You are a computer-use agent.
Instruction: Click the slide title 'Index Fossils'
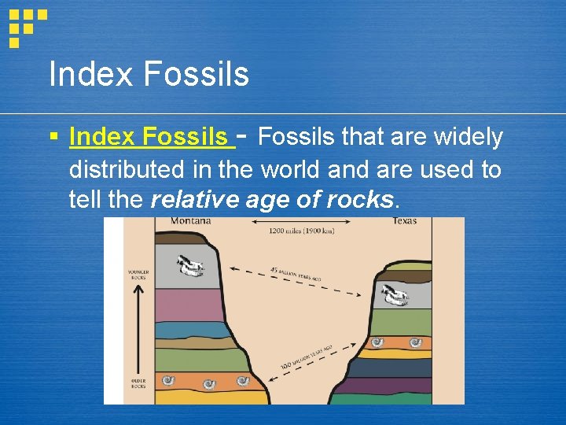[x=149, y=75]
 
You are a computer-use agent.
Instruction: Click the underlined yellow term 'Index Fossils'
[x=152, y=138]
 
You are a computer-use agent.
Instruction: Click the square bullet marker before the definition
[x=53, y=138]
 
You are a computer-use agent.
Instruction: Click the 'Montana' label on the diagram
[x=191, y=221]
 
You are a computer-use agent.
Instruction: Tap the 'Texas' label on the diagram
[x=404, y=221]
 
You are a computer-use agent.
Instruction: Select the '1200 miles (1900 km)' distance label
[x=302, y=231]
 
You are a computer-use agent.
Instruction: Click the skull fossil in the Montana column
[x=189, y=266]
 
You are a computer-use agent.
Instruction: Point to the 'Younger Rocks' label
[x=138, y=275]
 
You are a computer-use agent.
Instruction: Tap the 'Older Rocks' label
[x=138, y=383]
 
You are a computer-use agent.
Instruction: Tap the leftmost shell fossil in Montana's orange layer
[x=167, y=382]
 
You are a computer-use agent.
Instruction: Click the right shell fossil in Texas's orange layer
[x=416, y=343]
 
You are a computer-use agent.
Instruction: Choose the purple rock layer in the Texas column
[x=393, y=386]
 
